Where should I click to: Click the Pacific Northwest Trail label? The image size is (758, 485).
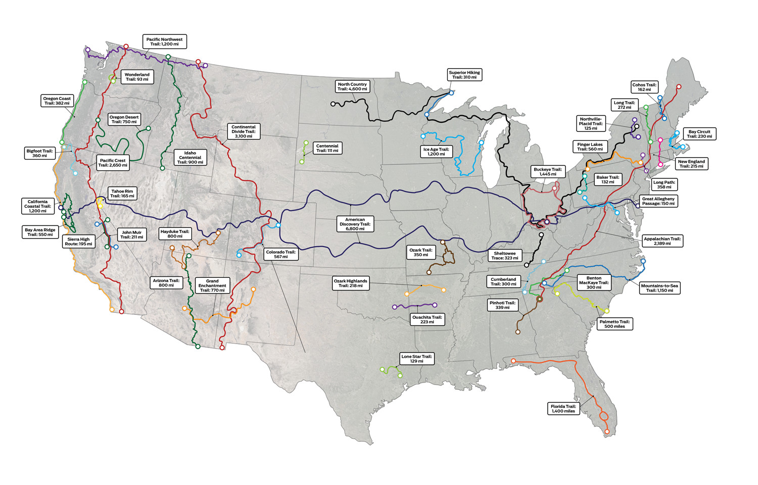point(164,41)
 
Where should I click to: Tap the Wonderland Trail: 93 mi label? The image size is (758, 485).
point(137,77)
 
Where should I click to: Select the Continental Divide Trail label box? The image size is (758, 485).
point(243,131)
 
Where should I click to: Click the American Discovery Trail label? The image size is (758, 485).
point(355,224)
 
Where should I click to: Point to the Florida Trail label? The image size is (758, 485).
point(563,409)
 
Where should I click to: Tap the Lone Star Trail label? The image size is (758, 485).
point(416,359)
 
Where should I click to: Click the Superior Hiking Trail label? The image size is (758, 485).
point(464,75)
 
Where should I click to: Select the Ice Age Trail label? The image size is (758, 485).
point(436,152)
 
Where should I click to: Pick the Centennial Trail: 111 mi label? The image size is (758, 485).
point(327,148)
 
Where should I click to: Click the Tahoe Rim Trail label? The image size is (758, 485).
point(122,193)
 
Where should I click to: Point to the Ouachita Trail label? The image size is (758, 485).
point(427,319)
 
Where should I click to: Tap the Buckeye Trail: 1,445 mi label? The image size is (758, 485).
point(548,172)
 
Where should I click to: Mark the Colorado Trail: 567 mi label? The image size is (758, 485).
point(280,254)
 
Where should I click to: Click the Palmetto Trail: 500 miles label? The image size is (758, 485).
point(614,324)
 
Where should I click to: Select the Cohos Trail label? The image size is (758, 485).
point(644,87)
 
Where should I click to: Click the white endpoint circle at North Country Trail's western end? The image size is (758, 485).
point(333,104)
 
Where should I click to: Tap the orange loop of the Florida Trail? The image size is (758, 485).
point(603,417)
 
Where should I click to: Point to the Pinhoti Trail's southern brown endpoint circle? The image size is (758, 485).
point(517,332)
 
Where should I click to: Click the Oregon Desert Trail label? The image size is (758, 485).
point(124,119)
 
